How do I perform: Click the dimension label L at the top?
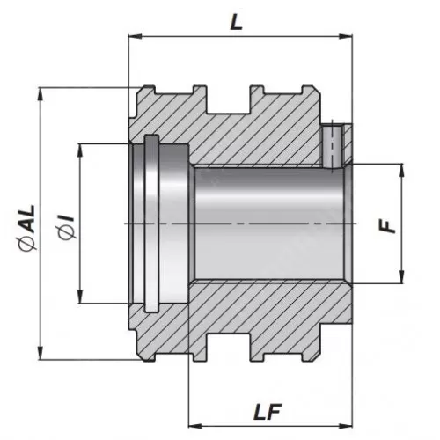click(236, 24)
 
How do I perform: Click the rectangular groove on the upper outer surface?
click(228, 99)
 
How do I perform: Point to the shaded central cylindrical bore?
click(264, 224)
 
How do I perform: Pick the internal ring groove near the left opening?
click(151, 224)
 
